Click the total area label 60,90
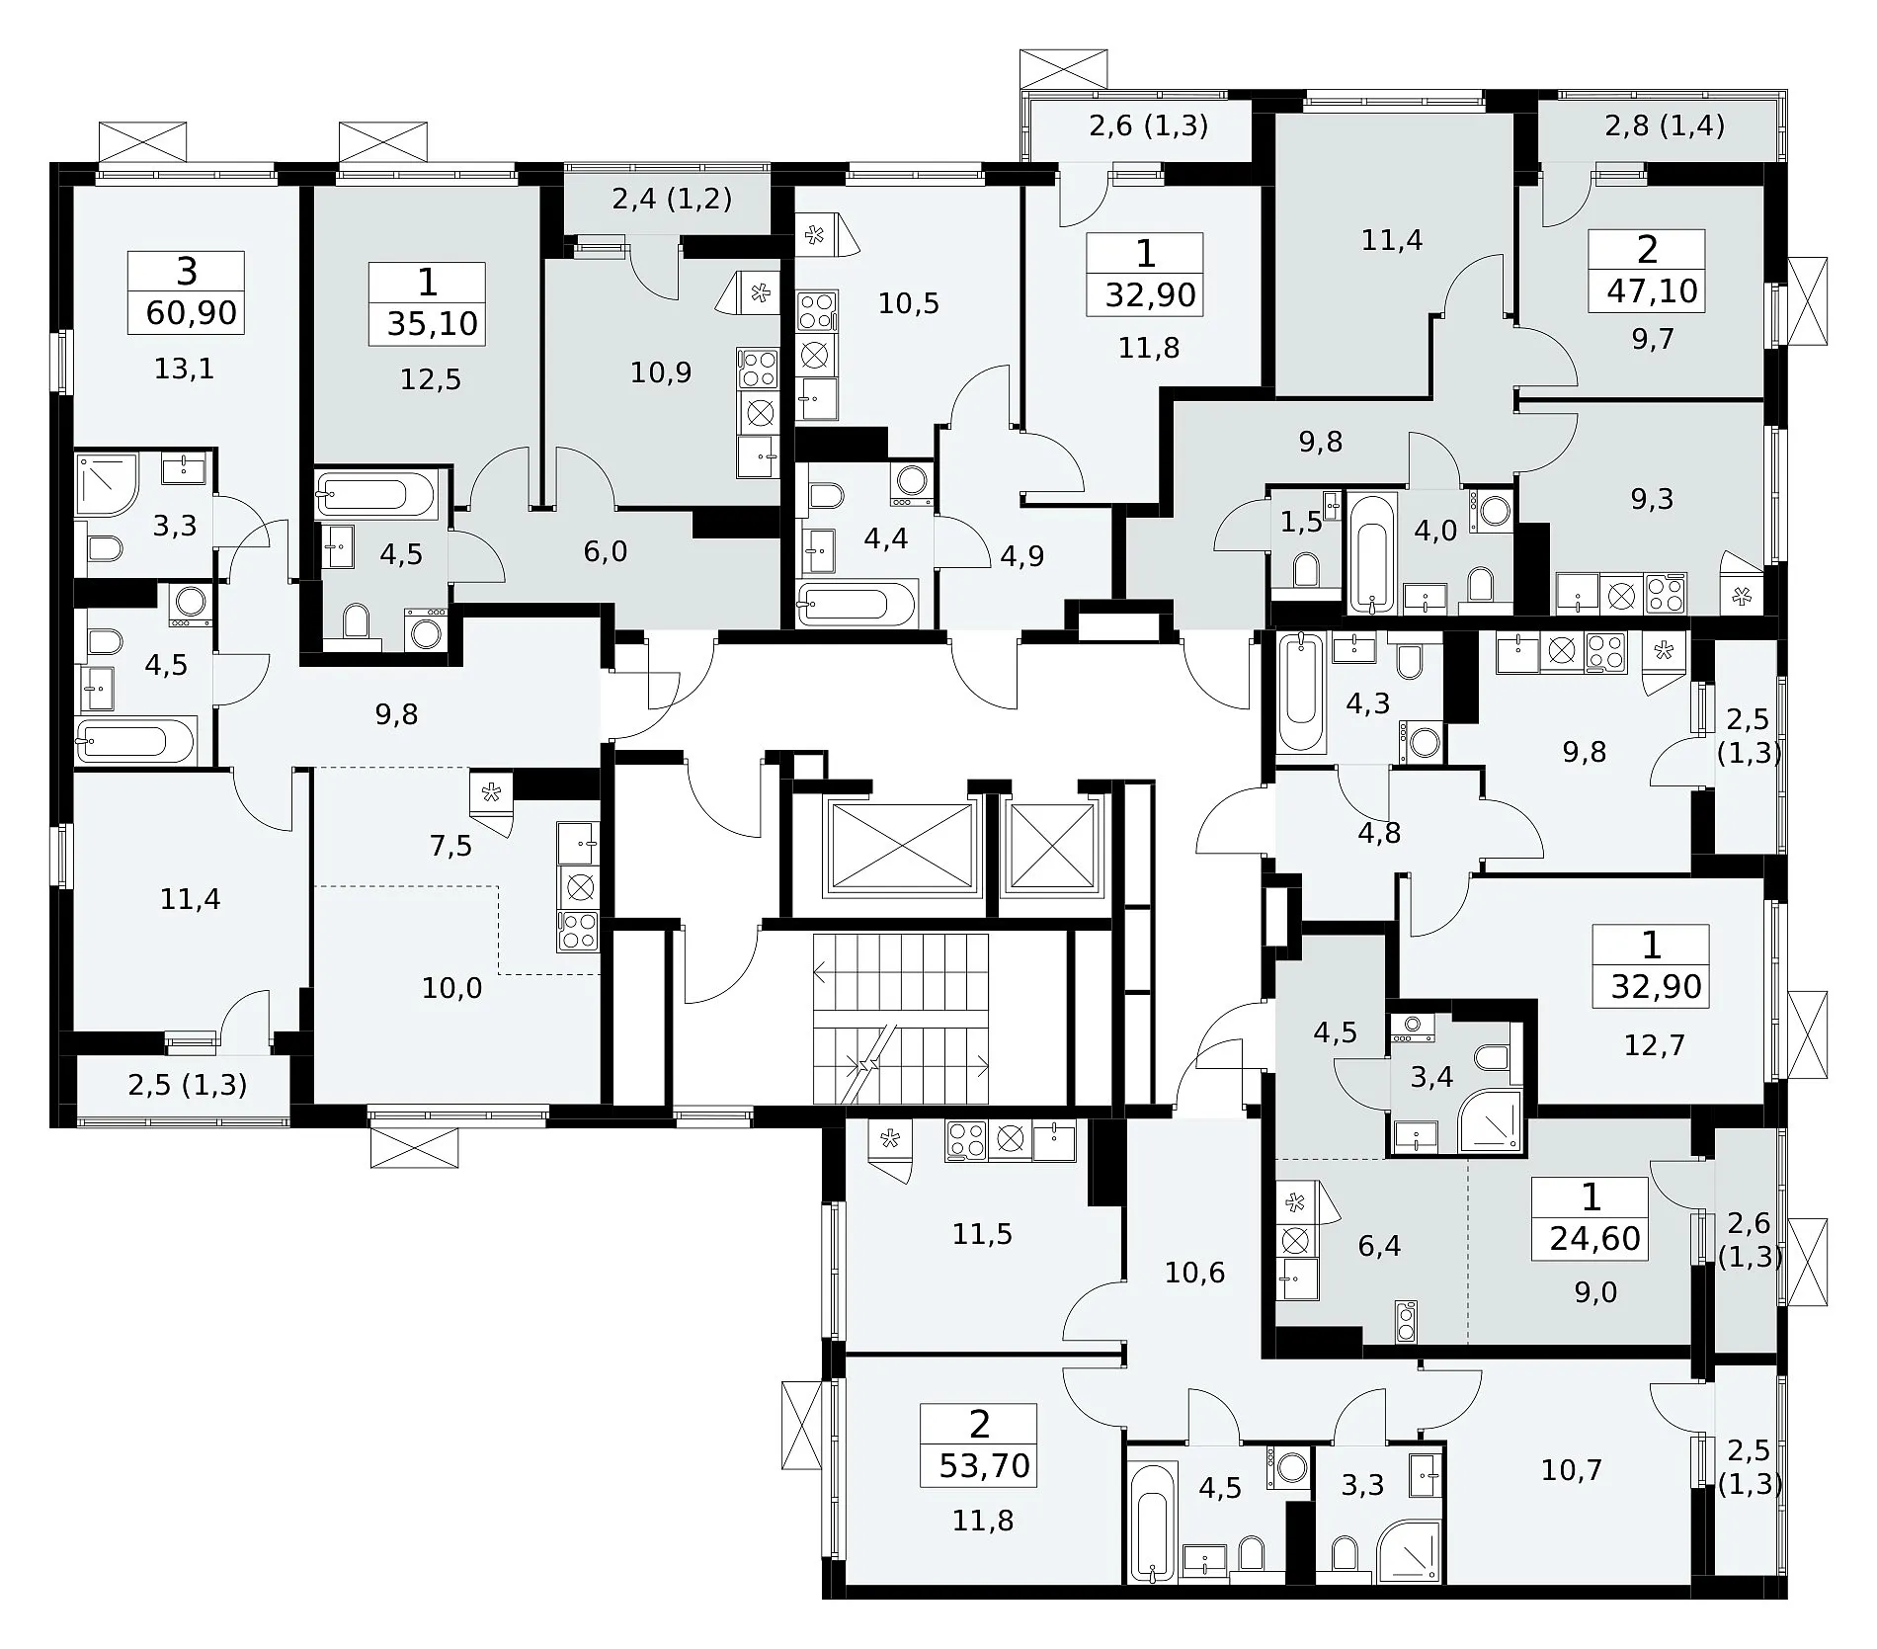pyautogui.click(x=191, y=313)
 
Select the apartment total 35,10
pyautogui.click(x=432, y=323)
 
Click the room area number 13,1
pyautogui.click(x=184, y=369)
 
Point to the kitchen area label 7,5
pyautogui.click(x=451, y=846)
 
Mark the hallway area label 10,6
pyautogui.click(x=1194, y=1273)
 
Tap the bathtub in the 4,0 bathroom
pyautogui.click(x=1369, y=553)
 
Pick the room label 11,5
pyautogui.click(x=982, y=1234)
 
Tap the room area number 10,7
pyautogui.click(x=1571, y=1470)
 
